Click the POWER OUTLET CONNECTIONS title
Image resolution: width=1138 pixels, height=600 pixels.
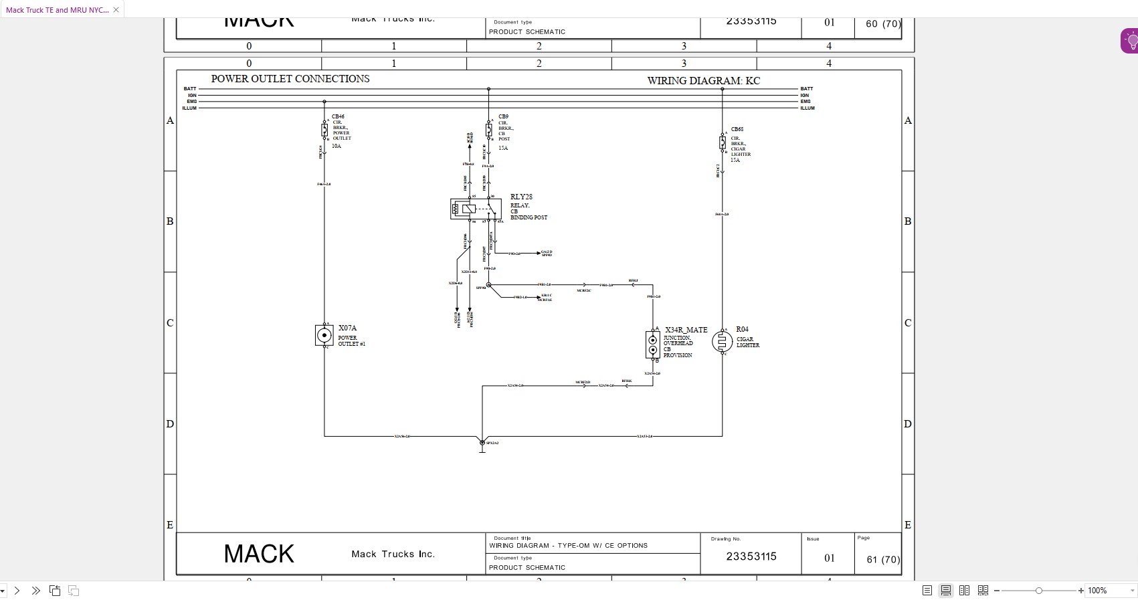290,79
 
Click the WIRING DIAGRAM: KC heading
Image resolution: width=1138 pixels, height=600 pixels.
703,81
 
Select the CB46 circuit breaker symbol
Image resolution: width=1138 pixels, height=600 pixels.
324,130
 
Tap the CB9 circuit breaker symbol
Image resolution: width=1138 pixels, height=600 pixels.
489,130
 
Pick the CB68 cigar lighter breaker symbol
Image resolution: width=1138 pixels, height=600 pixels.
723,142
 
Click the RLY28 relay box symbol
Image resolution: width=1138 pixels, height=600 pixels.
476,209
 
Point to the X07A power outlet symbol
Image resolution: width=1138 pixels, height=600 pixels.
324,335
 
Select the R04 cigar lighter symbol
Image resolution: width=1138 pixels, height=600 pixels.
722,341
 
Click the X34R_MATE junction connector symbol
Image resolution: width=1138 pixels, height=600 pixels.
653,344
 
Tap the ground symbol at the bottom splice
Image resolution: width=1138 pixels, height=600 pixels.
482,449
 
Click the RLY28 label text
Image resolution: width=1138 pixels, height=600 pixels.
521,197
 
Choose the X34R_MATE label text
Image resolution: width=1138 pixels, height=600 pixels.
686,330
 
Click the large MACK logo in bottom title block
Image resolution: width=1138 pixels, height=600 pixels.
259,554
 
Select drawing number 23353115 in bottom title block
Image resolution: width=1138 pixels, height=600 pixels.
751,557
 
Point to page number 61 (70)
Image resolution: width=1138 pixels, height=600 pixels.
883,559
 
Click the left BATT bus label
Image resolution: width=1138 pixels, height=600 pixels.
190,88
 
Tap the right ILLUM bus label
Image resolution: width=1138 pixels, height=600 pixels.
808,108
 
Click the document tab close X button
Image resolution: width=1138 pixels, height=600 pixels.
116,10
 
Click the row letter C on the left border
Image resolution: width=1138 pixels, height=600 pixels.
170,322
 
